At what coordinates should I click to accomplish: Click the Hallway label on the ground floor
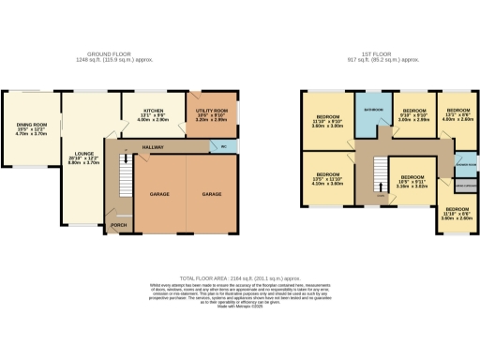pos(153,147)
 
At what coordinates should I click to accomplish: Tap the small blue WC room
pos(223,147)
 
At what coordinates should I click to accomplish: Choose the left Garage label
pos(159,193)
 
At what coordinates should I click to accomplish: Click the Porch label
pos(118,226)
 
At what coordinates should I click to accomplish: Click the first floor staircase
pos(381,176)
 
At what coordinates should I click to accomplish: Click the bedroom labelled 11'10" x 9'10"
pos(327,121)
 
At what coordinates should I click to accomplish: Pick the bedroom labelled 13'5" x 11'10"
pos(327,178)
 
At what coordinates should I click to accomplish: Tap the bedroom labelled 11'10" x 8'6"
pos(458,213)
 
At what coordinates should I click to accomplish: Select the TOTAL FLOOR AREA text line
pos(239,278)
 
